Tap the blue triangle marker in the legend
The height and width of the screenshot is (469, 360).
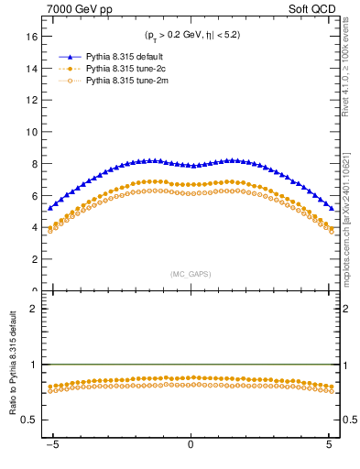[x=69, y=57]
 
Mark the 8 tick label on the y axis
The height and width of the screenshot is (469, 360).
[x=34, y=164]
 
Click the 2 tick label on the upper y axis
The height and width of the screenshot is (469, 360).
[x=34, y=259]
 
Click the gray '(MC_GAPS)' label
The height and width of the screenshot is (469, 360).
[x=190, y=274]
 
